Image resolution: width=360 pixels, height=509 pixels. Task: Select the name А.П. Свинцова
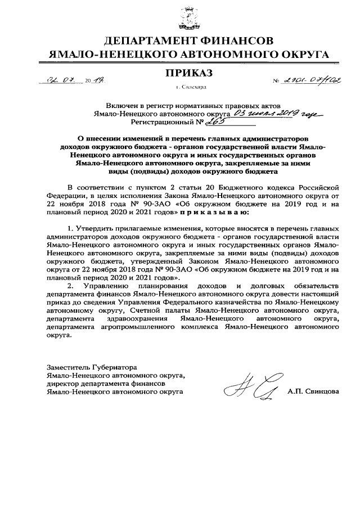pos(313,391)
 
